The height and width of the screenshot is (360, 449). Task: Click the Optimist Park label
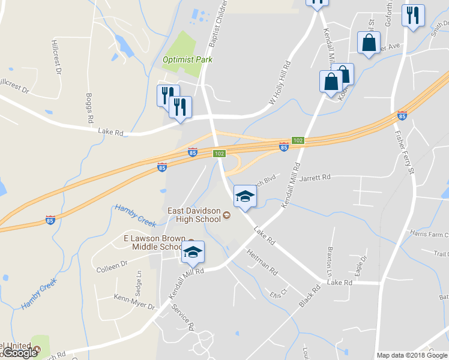click(x=188, y=59)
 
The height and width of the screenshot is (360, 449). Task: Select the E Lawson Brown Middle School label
click(x=153, y=242)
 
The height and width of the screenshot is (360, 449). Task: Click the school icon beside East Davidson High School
click(x=244, y=196)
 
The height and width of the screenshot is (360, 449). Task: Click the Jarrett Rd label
click(x=315, y=178)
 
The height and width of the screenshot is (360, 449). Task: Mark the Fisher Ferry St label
click(x=403, y=154)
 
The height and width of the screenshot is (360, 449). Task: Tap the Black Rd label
click(x=310, y=296)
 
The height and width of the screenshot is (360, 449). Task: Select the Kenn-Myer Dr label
click(x=134, y=302)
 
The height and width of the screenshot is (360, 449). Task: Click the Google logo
click(x=21, y=353)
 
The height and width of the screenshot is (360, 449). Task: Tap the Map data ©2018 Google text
click(x=412, y=355)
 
